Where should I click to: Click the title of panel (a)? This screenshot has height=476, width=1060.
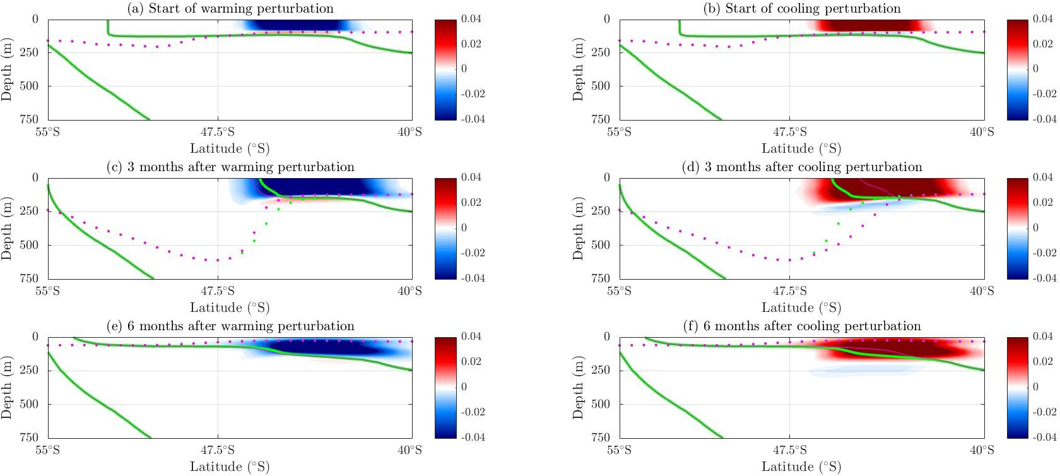click(x=230, y=8)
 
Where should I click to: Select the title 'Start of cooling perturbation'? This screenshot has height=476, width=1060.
click(x=802, y=8)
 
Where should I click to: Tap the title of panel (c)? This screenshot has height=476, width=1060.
click(x=230, y=167)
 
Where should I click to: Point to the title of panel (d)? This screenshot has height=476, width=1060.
click(x=802, y=167)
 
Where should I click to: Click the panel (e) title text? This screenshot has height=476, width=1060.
click(x=230, y=326)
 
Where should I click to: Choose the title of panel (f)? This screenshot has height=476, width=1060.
click(x=802, y=326)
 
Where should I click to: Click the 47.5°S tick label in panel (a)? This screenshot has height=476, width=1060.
click(x=218, y=132)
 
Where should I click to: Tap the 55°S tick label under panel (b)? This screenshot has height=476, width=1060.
click(x=620, y=132)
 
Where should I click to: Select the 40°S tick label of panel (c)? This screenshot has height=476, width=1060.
click(x=409, y=291)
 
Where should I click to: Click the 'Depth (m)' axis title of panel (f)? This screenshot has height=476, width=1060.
click(x=579, y=387)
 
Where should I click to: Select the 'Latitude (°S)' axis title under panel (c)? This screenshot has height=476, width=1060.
click(x=230, y=307)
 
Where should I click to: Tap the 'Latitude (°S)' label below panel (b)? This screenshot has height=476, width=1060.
click(x=801, y=148)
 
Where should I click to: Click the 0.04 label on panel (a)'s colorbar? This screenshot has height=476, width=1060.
click(x=471, y=19)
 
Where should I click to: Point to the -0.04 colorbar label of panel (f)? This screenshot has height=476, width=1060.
click(x=1044, y=437)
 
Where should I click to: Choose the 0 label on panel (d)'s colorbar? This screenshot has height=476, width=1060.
click(x=1035, y=227)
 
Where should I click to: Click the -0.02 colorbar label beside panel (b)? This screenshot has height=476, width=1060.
click(x=1044, y=93)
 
